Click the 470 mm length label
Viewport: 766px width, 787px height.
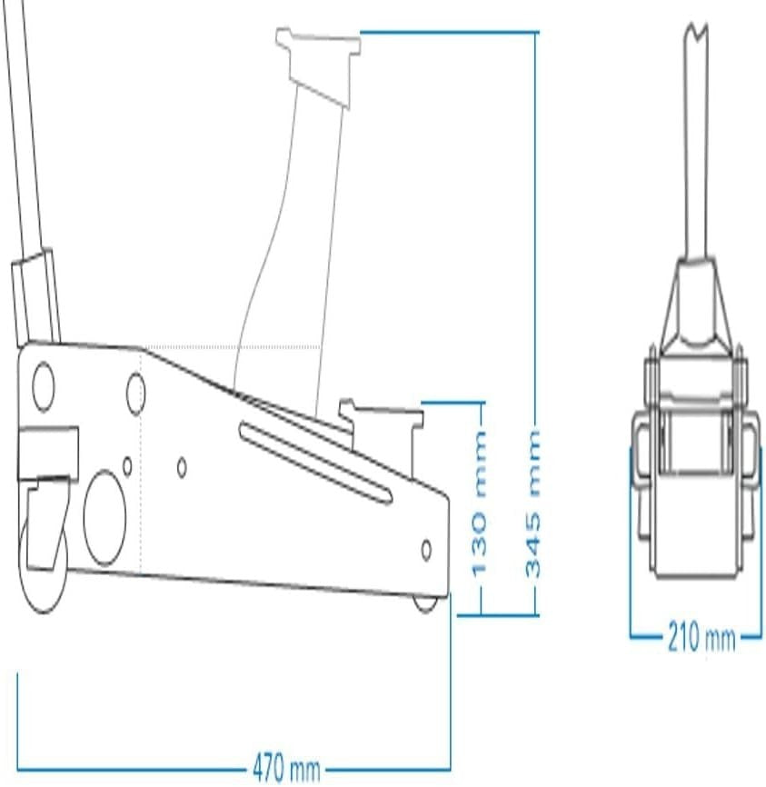(x=286, y=768)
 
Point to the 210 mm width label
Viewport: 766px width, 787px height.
(x=701, y=637)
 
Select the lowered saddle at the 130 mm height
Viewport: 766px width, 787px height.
(x=383, y=432)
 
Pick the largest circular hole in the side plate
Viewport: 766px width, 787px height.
(x=104, y=518)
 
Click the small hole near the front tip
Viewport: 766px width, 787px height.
(x=426, y=551)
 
